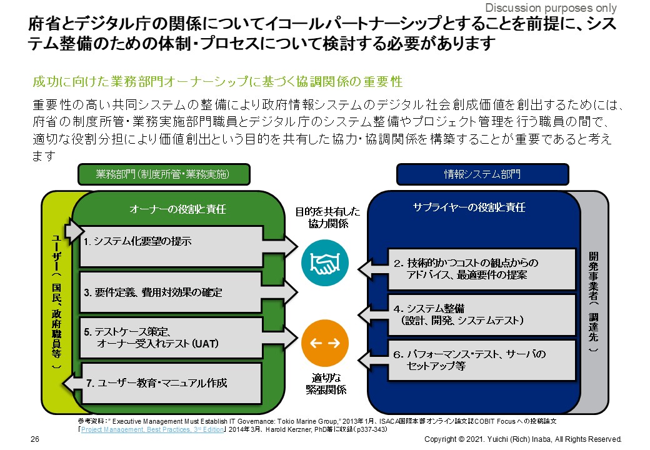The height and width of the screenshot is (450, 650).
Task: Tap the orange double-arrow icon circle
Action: click(x=324, y=343)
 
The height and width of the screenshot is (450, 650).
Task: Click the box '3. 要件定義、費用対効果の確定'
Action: click(x=170, y=292)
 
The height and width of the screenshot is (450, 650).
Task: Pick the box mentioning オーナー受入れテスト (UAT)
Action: click(x=170, y=337)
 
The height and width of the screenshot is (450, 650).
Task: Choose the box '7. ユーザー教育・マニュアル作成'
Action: click(x=170, y=382)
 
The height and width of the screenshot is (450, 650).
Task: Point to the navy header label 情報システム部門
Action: click(x=482, y=174)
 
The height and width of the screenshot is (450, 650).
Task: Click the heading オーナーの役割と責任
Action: click(x=177, y=209)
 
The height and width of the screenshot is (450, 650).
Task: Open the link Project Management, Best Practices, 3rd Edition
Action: click(x=152, y=429)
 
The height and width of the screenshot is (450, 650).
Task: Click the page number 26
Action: click(x=36, y=439)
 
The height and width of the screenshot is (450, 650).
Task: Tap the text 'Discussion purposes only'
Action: click(x=551, y=8)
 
